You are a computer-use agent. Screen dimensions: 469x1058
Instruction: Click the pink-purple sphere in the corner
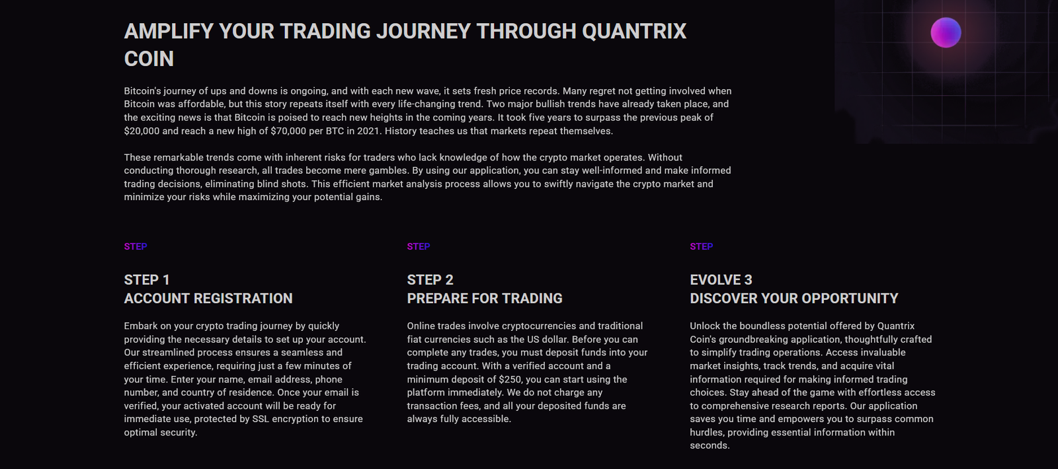[x=946, y=32]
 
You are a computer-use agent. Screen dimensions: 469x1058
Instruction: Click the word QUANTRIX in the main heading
[x=634, y=31]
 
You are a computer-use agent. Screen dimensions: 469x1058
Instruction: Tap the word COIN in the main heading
[x=149, y=59]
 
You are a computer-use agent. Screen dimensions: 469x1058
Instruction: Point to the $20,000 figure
[x=142, y=131]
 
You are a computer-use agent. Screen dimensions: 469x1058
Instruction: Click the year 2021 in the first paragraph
[x=368, y=131]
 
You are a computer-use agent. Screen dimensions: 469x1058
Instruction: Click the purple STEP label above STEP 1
[x=136, y=246]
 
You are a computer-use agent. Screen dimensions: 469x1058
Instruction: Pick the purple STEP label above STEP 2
[x=419, y=246]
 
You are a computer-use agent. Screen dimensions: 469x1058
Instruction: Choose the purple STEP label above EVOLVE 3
[x=702, y=246]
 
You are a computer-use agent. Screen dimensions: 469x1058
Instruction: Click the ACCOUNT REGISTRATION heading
[x=208, y=299]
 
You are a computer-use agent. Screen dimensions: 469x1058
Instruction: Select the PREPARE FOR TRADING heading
[x=485, y=299]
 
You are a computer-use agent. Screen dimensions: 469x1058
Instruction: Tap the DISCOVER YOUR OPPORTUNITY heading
[x=794, y=299]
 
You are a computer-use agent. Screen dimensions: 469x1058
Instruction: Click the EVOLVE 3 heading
[x=721, y=280]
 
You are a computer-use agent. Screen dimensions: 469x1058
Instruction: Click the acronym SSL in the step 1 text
[x=261, y=419]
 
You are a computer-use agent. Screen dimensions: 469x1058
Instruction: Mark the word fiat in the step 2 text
[x=417, y=340]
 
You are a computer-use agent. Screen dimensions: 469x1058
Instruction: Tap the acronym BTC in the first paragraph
[x=335, y=131]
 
